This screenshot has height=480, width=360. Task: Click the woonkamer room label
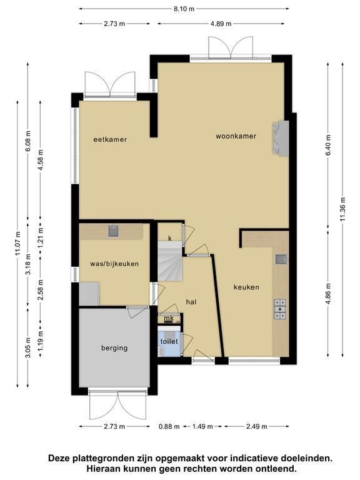pos(236,136)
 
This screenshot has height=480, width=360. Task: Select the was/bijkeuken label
pos(114,264)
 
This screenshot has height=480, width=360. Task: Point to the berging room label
pos(114,348)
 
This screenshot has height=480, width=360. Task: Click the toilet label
pos(169,341)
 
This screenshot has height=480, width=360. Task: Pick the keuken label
pos(246,287)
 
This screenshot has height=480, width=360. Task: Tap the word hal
pos(191,302)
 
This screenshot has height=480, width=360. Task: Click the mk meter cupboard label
pos(169,318)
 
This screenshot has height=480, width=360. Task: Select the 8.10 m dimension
pos(184,9)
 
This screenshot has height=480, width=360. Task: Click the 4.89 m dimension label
pos(221,24)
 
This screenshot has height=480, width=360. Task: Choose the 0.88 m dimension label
pos(169,426)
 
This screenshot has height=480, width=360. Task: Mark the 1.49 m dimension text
pos(202,426)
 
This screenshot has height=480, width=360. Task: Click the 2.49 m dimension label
pos(256,426)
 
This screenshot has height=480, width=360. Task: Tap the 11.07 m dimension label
pos(17,244)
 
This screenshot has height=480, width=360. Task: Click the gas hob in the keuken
pos(280,309)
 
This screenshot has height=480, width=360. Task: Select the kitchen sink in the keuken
pos(281,259)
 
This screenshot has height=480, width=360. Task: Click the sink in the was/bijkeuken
pos(114,231)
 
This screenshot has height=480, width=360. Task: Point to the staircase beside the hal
pos(170,261)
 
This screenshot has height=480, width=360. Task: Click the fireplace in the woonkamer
pos(281,138)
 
